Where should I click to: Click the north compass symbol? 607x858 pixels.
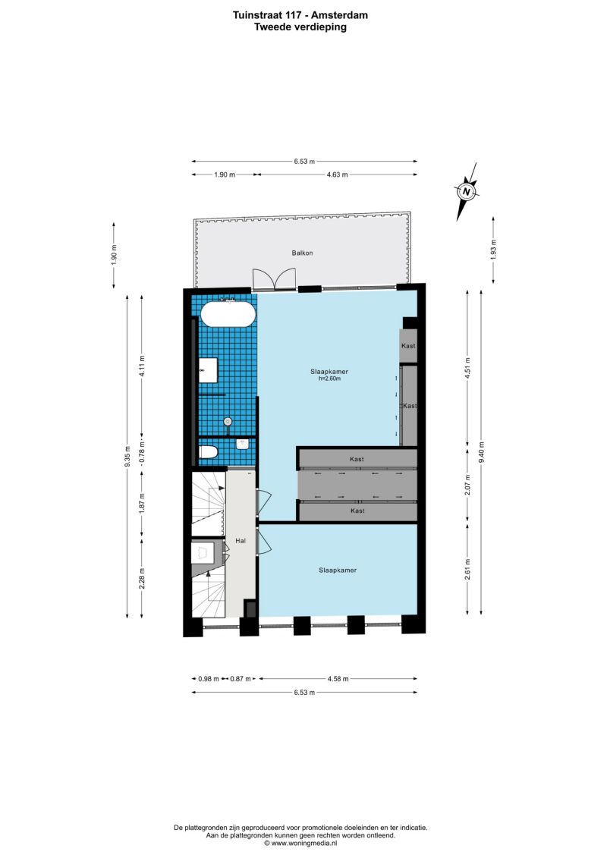tap(467, 191)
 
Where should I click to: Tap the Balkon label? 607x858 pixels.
tap(302, 253)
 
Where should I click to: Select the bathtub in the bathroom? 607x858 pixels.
tap(228, 314)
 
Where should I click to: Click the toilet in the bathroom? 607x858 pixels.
tap(208, 453)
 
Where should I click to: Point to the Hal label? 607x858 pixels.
tap(241, 541)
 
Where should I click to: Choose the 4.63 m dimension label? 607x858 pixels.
tap(337, 174)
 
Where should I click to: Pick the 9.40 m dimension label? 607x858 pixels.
tap(482, 452)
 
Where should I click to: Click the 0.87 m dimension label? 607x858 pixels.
tap(241, 679)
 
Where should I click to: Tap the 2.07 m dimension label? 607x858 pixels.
tap(467, 485)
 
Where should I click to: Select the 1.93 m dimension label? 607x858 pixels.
tap(494, 250)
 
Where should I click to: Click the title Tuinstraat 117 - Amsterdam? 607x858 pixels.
tap(300, 15)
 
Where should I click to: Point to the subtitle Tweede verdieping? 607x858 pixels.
tap(300, 27)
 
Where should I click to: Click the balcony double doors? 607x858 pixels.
tap(274, 278)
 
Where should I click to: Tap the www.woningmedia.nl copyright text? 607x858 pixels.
tap(300, 844)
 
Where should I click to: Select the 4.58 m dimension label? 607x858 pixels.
tap(338, 679)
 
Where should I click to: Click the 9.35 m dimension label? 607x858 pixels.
tap(127, 457)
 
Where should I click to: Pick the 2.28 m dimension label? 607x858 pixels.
tap(142, 579)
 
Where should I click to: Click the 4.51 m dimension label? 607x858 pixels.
tap(467, 368)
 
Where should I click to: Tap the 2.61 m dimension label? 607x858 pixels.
tap(467, 569)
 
